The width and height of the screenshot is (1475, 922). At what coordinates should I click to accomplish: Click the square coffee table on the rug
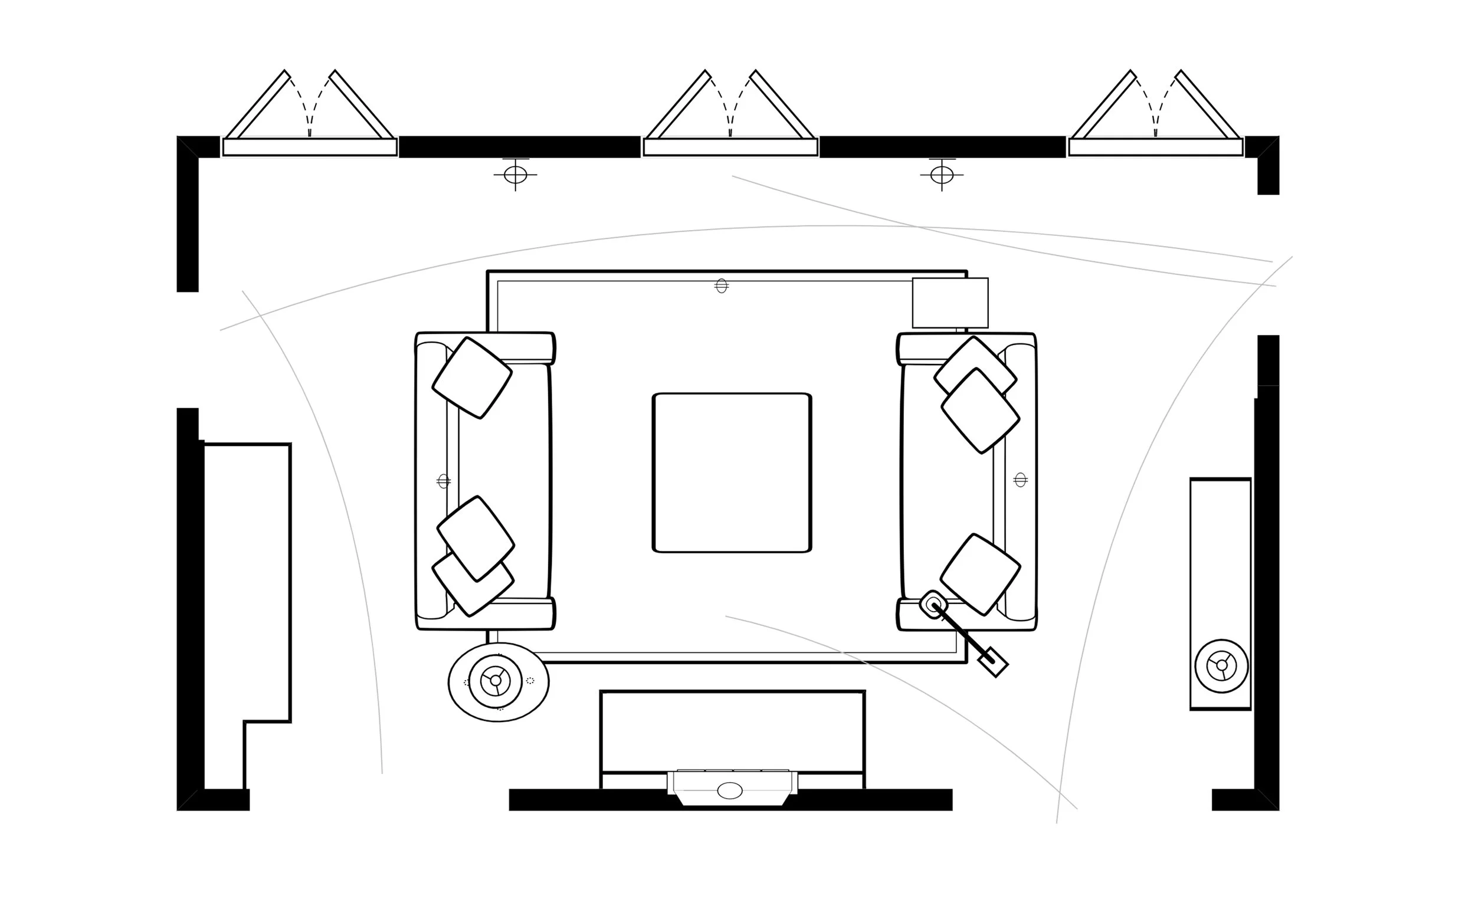[732, 473]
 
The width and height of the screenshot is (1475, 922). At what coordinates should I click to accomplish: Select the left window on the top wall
[310, 147]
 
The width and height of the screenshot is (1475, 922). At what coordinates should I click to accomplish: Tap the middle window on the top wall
[730, 147]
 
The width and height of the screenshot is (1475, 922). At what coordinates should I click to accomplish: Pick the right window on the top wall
[1155, 147]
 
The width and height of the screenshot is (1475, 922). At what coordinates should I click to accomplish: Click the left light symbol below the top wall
[515, 175]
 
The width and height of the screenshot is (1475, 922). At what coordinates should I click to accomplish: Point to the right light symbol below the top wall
[942, 175]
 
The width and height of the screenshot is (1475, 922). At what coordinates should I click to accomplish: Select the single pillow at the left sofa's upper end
[472, 378]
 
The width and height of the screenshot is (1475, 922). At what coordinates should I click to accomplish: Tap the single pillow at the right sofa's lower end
[980, 574]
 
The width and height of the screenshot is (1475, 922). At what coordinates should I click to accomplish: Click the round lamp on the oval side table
[495, 681]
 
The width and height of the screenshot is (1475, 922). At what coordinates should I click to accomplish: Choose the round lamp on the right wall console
[1221, 666]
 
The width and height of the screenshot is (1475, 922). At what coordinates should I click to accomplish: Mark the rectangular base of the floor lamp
[993, 662]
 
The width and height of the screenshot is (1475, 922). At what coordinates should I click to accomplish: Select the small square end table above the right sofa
[950, 303]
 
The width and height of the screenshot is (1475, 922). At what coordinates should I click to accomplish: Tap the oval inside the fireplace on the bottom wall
[730, 791]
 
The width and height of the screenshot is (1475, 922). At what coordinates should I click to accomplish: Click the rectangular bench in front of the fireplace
[732, 731]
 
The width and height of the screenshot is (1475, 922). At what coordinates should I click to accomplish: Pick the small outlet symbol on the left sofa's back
[444, 481]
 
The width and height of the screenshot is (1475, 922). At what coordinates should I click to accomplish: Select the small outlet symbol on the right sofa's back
[1021, 480]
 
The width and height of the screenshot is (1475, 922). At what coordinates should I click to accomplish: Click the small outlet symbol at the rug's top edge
[722, 286]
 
